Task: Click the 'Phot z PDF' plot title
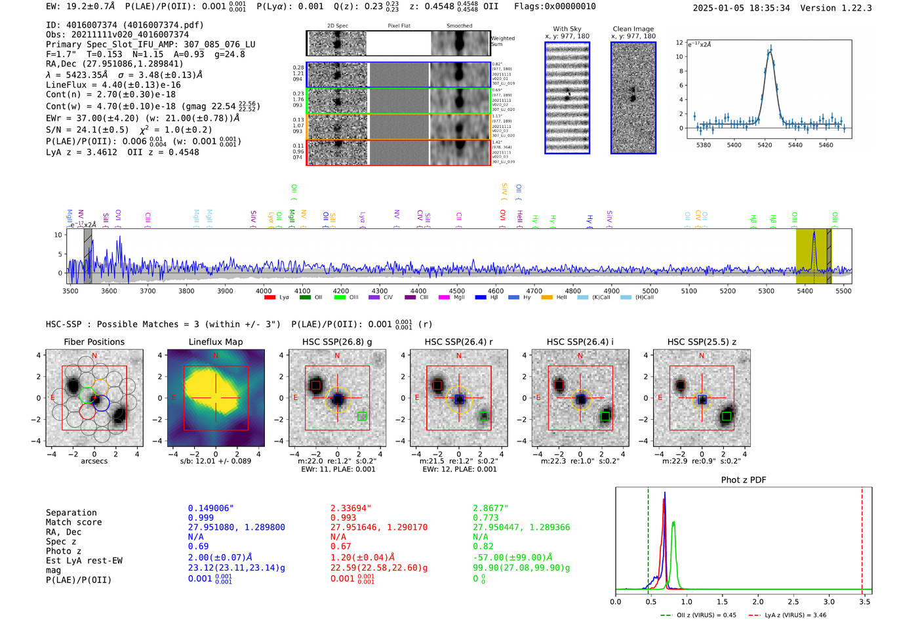[x=744, y=480]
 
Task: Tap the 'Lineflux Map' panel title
[x=215, y=342]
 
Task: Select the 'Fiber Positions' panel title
[x=94, y=342]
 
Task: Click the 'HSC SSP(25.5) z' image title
[x=702, y=342]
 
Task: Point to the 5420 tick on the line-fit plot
[x=765, y=145]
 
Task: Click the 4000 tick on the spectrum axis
[x=264, y=291]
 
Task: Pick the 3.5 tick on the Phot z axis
[x=864, y=601]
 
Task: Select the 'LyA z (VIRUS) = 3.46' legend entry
[x=787, y=615]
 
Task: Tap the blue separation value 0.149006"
[x=210, y=508]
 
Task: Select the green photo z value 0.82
[x=483, y=546]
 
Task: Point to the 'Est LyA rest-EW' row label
[x=84, y=561]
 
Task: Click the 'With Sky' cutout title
[x=567, y=29]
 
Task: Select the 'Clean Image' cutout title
[x=633, y=29]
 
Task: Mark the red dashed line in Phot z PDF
[x=862, y=538]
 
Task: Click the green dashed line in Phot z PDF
[x=648, y=538]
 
